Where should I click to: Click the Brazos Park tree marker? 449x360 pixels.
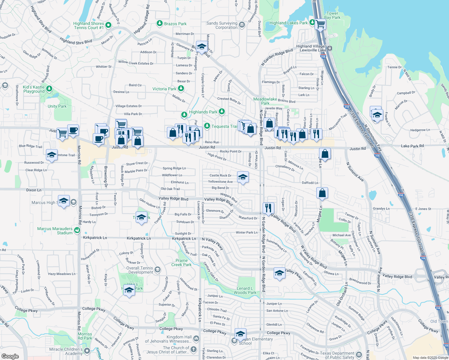pyautogui.click(x=160, y=23)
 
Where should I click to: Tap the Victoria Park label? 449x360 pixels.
pyautogui.click(x=164, y=89)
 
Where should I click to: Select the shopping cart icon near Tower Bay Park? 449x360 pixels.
pyautogui.click(x=320, y=24)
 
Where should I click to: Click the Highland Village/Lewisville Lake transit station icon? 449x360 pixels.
pyautogui.click(x=330, y=48)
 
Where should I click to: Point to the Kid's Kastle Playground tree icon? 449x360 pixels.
pyautogui.click(x=50, y=89)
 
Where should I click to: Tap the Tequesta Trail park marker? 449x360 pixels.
pyautogui.click(x=207, y=126)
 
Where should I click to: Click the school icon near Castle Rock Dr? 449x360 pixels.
pyautogui.click(x=243, y=177)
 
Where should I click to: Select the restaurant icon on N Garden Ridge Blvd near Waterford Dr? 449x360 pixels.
pyautogui.click(x=268, y=207)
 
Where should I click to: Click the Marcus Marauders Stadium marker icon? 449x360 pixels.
pyautogui.click(x=77, y=230)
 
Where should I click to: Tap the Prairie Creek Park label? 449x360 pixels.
pyautogui.click(x=182, y=262)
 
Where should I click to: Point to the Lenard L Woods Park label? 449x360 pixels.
pyautogui.click(x=245, y=290)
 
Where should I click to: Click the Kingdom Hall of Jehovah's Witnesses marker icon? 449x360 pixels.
pyautogui.click(x=196, y=339)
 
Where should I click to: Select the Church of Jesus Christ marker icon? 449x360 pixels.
pyautogui.click(x=194, y=349)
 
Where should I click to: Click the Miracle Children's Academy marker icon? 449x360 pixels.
pyautogui.click(x=87, y=351)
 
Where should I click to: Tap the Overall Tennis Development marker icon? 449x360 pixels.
pyautogui.click(x=158, y=270)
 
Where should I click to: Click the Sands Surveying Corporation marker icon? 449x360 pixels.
pyautogui.click(x=242, y=25)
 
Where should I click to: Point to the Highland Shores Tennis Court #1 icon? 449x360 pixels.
pyautogui.click(x=108, y=25)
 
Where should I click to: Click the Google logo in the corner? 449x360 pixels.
pyautogui.click(x=10, y=356)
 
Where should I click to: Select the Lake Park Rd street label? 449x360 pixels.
pyautogui.click(x=412, y=146)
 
